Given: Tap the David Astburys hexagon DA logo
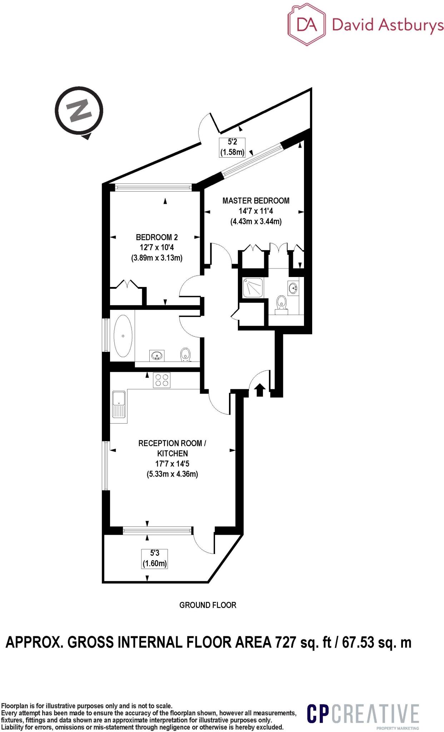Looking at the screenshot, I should pos(307,25).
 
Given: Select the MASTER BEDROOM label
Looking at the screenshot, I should pos(256,201).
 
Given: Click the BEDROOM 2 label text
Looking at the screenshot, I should pos(157,237).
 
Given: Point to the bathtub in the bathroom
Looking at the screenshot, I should pos(123,336).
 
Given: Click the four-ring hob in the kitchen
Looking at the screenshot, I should pos(162,380).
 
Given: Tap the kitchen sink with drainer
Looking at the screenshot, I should pos(119,404).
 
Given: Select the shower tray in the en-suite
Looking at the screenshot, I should pos(253,288).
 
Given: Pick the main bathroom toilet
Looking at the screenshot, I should pos(185,355).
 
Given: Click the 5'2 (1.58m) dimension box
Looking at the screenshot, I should pos(232,147).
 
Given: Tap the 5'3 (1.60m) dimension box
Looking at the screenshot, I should pos(155,559).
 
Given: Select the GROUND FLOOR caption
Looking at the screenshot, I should pos(208,605).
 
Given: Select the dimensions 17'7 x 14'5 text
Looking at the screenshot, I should pos(173,464).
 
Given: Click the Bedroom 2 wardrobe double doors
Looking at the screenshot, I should pos(128,284).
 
